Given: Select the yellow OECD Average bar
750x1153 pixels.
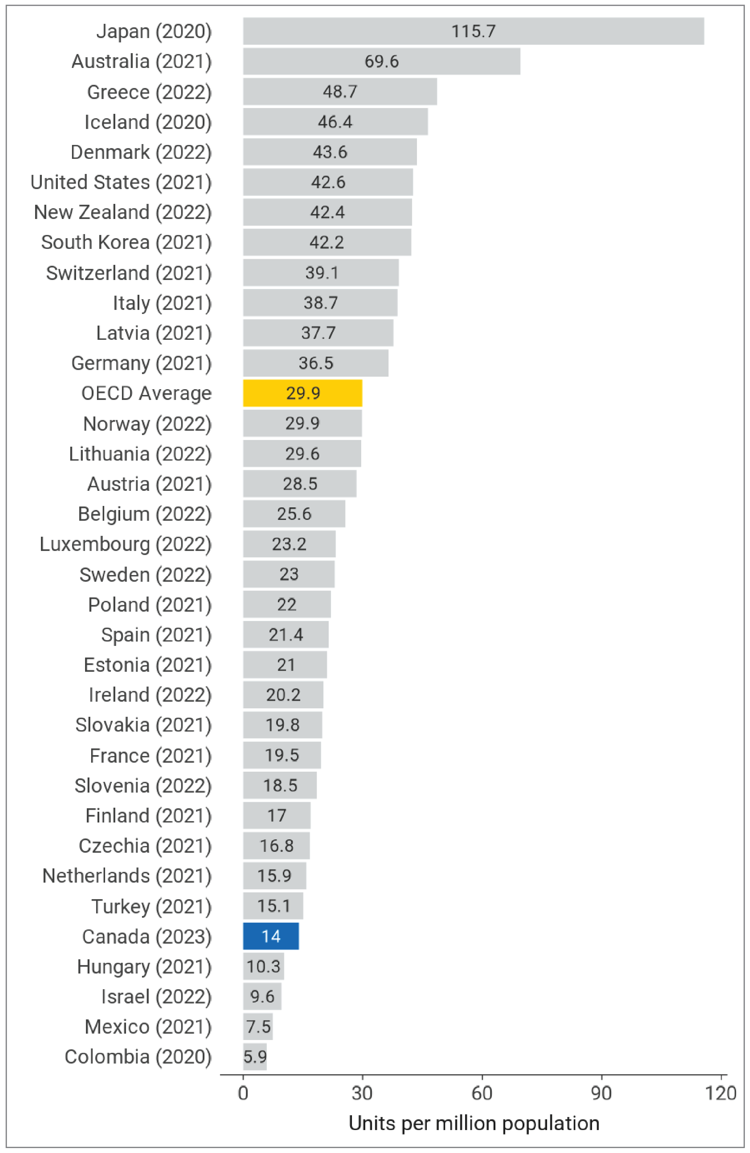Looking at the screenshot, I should pyautogui.click(x=302, y=393).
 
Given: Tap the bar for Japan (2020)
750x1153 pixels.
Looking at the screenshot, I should pyautogui.click(x=473, y=31).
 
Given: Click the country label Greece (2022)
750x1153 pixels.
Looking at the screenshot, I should pyautogui.click(x=149, y=92).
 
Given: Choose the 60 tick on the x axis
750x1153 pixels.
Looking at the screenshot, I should pyautogui.click(x=482, y=1093).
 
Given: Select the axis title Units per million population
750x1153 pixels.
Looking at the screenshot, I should pyautogui.click(x=474, y=1123).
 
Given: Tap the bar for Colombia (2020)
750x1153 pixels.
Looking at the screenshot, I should pyautogui.click(x=255, y=1057).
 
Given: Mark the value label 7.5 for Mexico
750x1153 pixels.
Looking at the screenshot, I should pyautogui.click(x=258, y=1027).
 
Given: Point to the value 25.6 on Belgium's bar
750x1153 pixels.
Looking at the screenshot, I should pyautogui.click(x=294, y=514).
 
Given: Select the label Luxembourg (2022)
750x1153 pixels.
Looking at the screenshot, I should pyautogui.click(x=125, y=544).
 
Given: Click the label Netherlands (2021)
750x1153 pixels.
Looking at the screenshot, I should pyautogui.click(x=127, y=876).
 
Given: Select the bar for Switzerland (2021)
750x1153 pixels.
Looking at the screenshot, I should pyautogui.click(x=321, y=273).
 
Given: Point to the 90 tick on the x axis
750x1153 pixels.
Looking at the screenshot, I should pyautogui.click(x=601, y=1093).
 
